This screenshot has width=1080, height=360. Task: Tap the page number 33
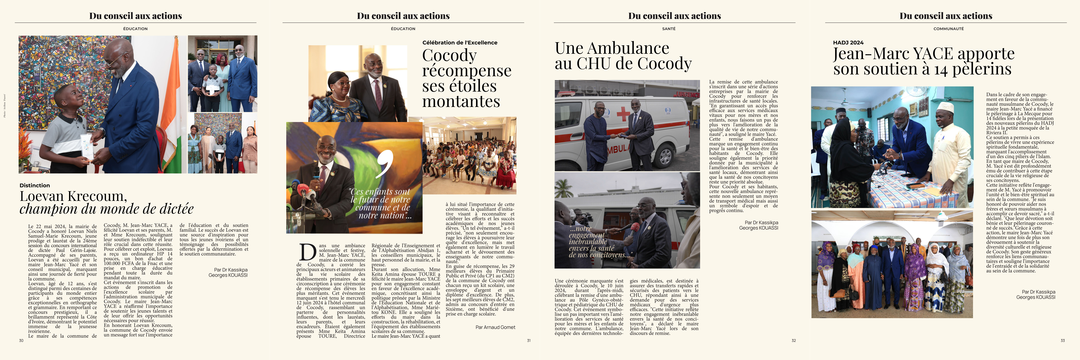pyautogui.click(x=1062, y=340)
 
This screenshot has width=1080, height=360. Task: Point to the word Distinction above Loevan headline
pyautogui.click(x=34, y=185)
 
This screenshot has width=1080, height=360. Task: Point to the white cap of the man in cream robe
pyautogui.click(x=945, y=107)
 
